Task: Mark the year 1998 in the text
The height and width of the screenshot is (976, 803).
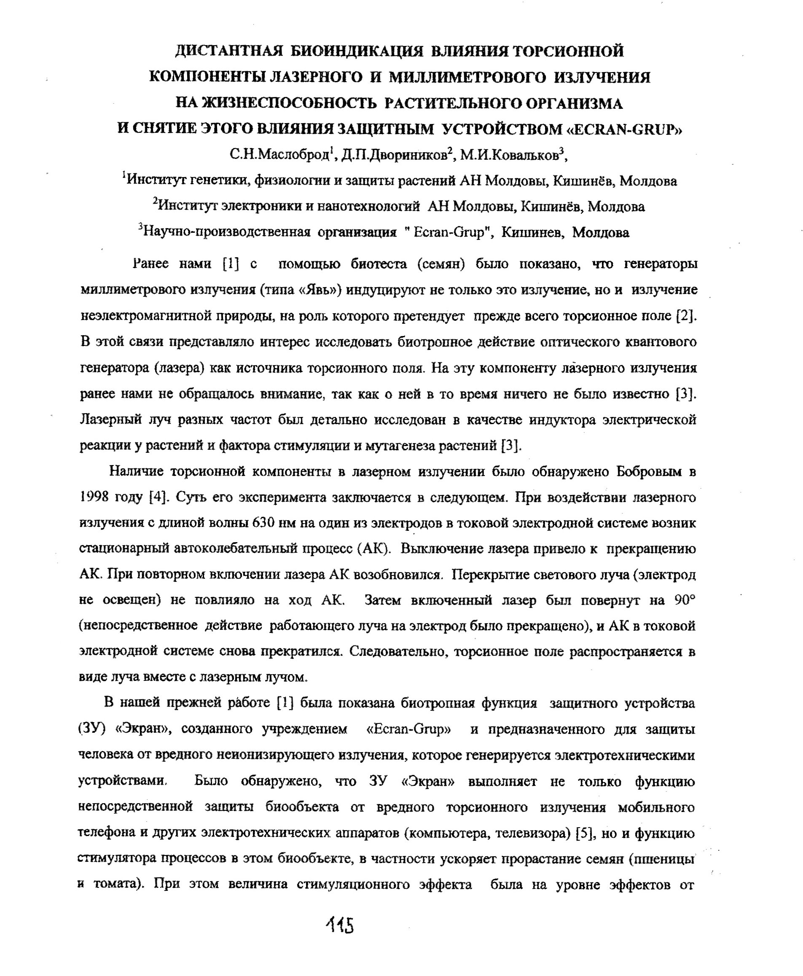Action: click(x=94, y=497)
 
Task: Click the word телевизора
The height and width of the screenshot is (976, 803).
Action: click(x=531, y=833)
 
